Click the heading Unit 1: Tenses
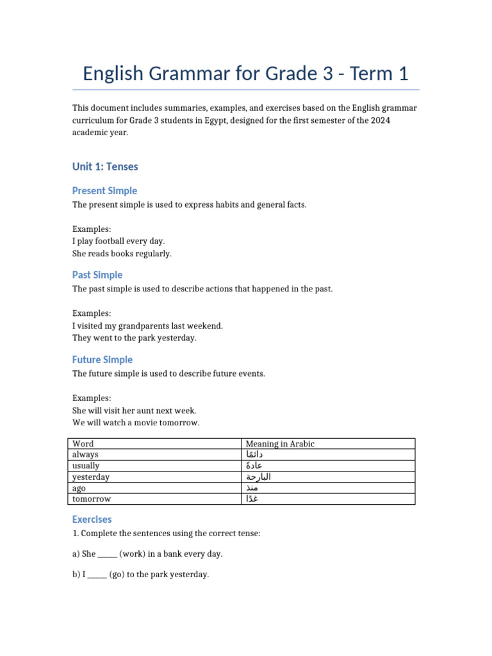pyautogui.click(x=105, y=167)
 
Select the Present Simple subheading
pyautogui.click(x=104, y=191)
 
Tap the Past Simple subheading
pyautogui.click(x=97, y=275)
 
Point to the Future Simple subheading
pyautogui.click(x=102, y=359)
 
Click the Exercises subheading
pyautogui.click(x=92, y=519)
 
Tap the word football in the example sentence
pyautogui.click(x=119, y=241)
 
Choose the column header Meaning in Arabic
pyautogui.click(x=280, y=443)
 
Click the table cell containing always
pyautogui.click(x=86, y=454)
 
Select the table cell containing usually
pyautogui.click(x=86, y=466)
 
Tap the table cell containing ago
pyautogui.click(x=79, y=488)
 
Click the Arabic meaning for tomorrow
pyautogui.click(x=252, y=499)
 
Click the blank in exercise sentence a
pyautogui.click(x=108, y=553)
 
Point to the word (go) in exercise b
pyautogui.click(x=116, y=575)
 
